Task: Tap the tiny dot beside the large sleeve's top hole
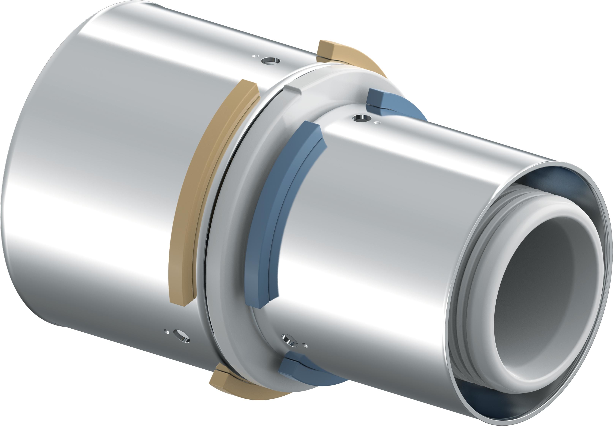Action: coord(256,56)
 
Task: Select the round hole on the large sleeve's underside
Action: coord(182,336)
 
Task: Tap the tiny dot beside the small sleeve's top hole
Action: coord(377,123)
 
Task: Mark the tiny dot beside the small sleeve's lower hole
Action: coord(306,346)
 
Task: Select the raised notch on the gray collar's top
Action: coord(292,89)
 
